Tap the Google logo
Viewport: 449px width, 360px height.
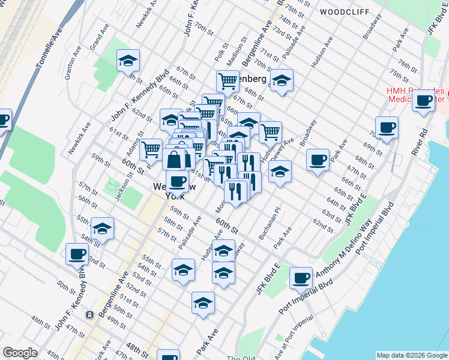point(20,353)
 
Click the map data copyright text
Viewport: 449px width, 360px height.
point(412,355)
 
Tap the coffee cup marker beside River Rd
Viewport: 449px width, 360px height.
point(424,101)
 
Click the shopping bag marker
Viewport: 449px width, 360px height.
point(178,159)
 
